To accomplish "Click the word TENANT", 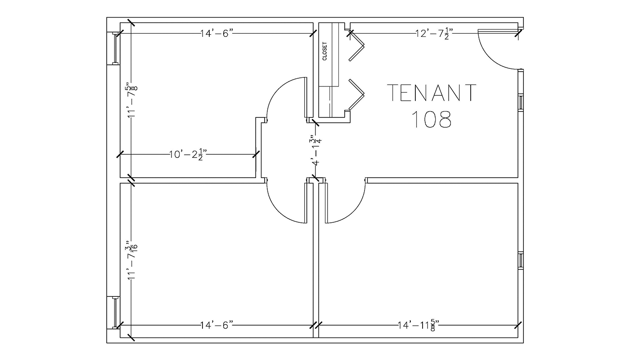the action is [x=432, y=93].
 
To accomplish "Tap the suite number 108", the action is [x=432, y=120].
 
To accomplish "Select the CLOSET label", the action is [x=325, y=51].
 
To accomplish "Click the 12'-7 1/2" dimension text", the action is [x=434, y=34].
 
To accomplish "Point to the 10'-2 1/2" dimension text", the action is [x=188, y=154].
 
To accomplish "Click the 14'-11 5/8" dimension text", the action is [x=418, y=325].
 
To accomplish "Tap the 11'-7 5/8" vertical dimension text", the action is [x=132, y=100].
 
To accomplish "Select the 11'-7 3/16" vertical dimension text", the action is [x=132, y=260].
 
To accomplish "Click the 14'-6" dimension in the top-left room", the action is [x=217, y=34].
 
